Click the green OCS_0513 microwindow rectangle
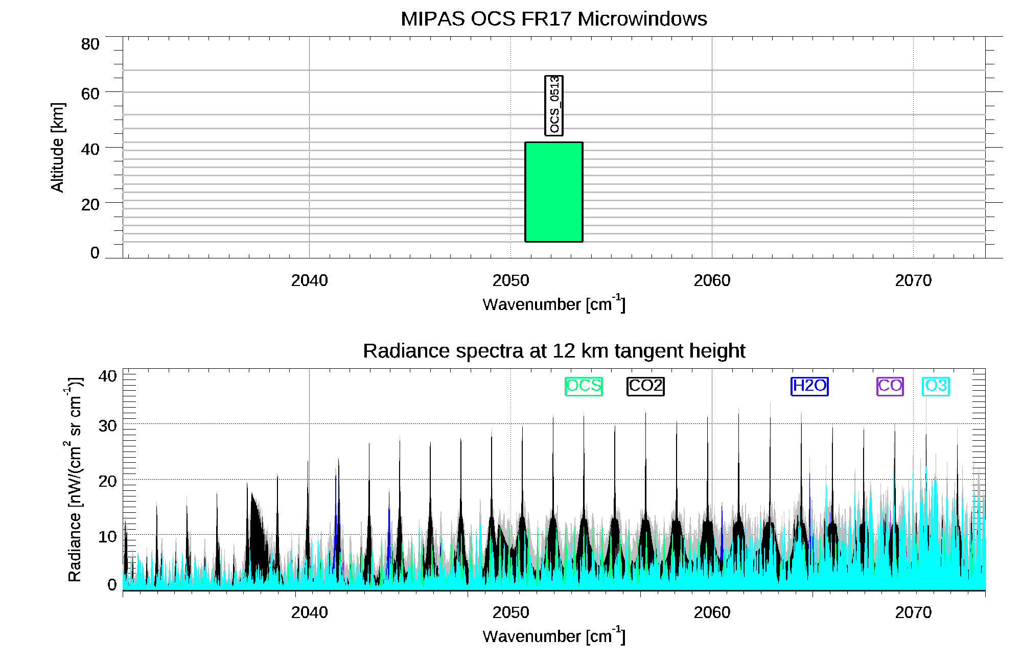click(554, 192)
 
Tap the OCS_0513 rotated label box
click(554, 105)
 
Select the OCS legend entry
click(584, 386)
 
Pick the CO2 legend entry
click(645, 386)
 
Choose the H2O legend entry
click(809, 386)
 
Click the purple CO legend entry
click(890, 386)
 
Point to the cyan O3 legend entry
click(936, 386)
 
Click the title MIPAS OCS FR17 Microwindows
click(554, 19)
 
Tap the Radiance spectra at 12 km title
click(554, 351)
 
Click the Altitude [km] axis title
click(58, 147)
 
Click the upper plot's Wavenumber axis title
click(554, 304)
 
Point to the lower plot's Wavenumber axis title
click(554, 636)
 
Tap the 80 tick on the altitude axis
click(90, 44)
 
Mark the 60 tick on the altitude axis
click(90, 93)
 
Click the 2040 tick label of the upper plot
click(309, 280)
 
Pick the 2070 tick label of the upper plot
click(913, 280)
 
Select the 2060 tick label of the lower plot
click(712, 612)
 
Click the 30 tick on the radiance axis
click(107, 425)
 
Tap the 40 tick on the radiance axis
click(107, 376)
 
